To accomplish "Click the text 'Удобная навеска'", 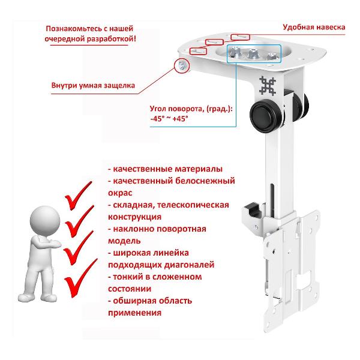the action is (x=314, y=28).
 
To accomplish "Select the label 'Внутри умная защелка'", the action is (x=93, y=85).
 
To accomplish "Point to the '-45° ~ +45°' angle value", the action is (x=169, y=119).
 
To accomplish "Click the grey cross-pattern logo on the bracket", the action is (x=268, y=86).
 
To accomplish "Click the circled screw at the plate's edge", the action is (x=182, y=65).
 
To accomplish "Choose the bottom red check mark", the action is (x=80, y=278).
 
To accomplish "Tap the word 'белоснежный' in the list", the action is (x=205, y=181).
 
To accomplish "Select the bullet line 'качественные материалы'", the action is (x=166, y=169).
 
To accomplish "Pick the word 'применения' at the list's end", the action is (x=134, y=313).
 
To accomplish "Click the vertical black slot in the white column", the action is (x=272, y=200).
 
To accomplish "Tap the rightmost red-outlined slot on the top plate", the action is (x=240, y=37).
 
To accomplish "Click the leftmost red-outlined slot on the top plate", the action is (x=198, y=51).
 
